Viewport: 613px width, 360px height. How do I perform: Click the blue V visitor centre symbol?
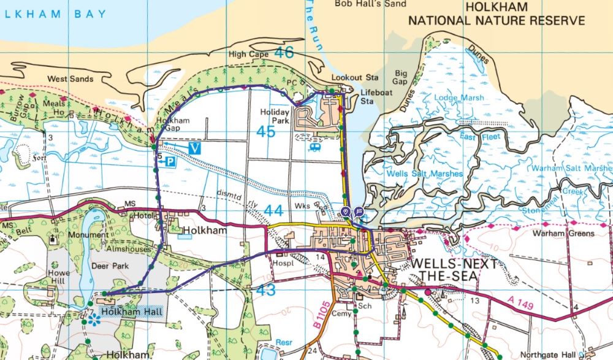tap(195, 148)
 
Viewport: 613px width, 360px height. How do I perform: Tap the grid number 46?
tap(284, 53)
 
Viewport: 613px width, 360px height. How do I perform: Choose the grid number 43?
tap(265, 290)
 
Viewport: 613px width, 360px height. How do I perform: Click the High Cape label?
tap(246, 55)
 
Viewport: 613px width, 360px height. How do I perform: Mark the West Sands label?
tap(70, 79)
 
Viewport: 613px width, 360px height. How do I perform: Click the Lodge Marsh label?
tap(459, 98)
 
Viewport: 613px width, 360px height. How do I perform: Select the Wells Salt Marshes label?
tap(424, 174)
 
